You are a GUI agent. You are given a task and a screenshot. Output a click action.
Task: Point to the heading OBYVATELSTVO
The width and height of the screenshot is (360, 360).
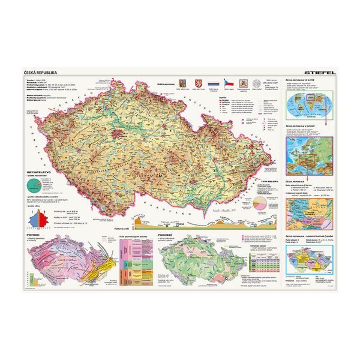[35, 173]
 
